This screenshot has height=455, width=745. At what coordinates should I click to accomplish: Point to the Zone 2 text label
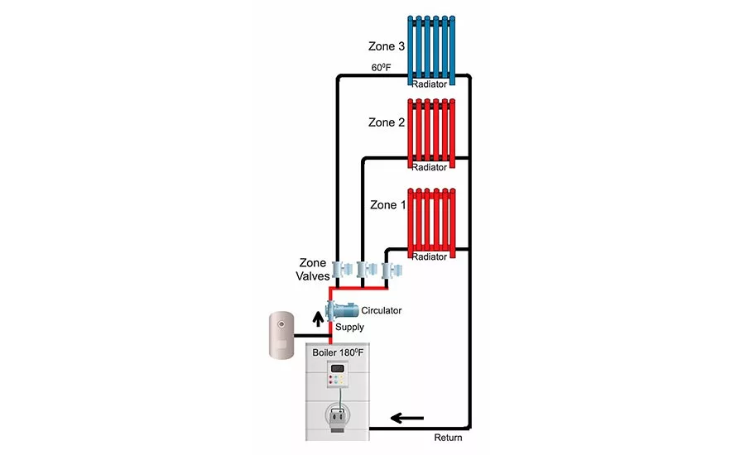(x=387, y=122)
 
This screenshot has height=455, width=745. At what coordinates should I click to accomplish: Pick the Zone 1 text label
(x=387, y=204)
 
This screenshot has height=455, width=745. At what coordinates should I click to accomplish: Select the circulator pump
(x=340, y=311)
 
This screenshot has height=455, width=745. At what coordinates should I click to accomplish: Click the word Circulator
(x=382, y=311)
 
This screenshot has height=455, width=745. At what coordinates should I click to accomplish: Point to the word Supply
(x=349, y=328)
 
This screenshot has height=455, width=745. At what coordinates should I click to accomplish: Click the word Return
(x=447, y=437)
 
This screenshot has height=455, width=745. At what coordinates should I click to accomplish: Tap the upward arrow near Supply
(x=319, y=318)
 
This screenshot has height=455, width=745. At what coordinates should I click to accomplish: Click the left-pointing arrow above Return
(x=407, y=417)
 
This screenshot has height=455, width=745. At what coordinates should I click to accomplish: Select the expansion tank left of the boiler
(x=282, y=334)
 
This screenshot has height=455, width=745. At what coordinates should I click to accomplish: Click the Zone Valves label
(x=313, y=270)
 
